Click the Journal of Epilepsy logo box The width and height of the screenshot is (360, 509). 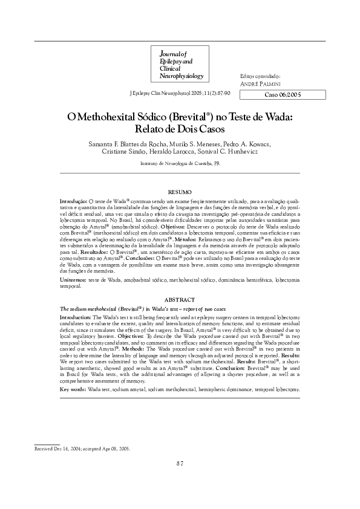(x=181, y=64)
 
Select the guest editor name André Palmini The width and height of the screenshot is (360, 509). (x=261, y=84)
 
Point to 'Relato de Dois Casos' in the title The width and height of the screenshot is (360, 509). (x=180, y=129)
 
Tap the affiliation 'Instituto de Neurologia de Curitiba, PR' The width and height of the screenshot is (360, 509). (x=180, y=163)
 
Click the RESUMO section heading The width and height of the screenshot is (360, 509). (x=180, y=191)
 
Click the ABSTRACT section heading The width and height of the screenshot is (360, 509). (x=180, y=300)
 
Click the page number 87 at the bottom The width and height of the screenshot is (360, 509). (x=180, y=463)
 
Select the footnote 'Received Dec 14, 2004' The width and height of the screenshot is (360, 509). (x=60, y=449)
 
